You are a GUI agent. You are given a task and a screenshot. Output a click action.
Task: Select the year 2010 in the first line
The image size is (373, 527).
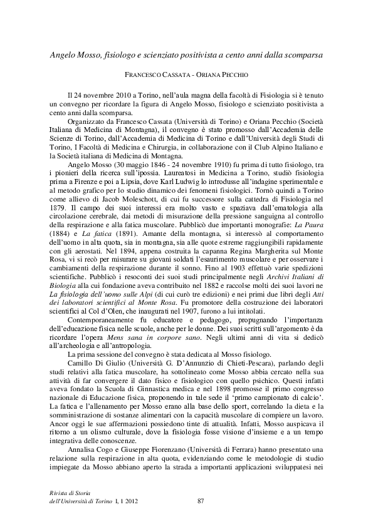[x=120, y=93]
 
